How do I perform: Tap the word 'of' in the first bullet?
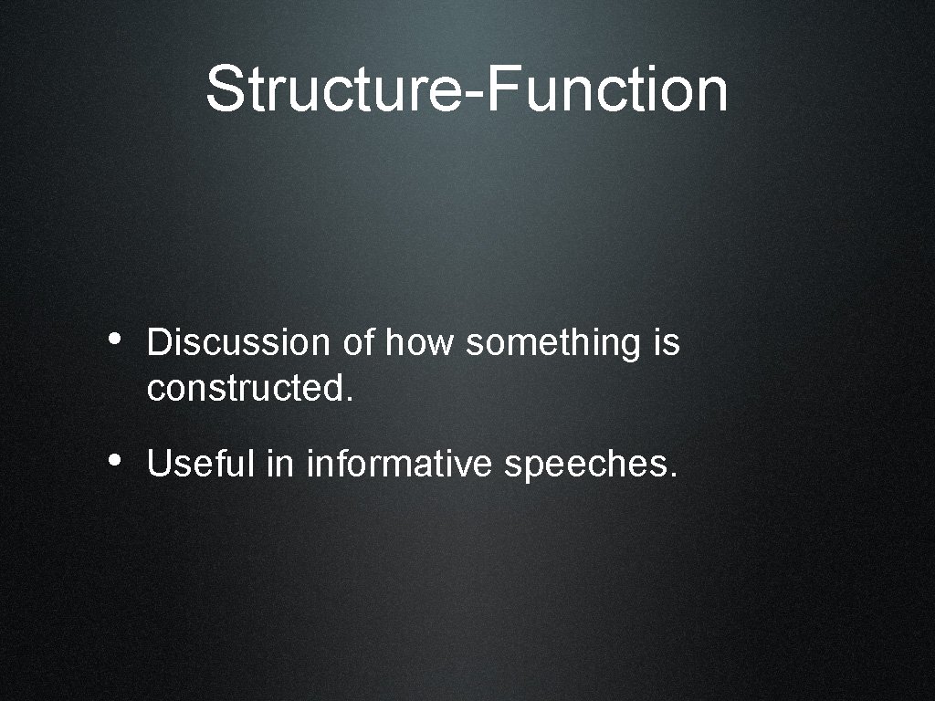point(360,343)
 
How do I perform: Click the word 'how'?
point(421,343)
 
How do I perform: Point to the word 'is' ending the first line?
point(667,343)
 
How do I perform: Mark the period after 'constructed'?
point(347,400)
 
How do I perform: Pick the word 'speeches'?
point(585,466)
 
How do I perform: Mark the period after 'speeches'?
point(674,475)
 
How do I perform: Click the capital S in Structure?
point(225,89)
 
